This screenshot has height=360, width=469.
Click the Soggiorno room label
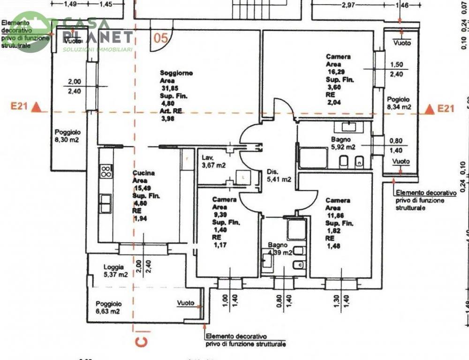[x=176, y=73]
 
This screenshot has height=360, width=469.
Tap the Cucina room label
[x=144, y=173]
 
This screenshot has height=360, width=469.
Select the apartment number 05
[x=160, y=38]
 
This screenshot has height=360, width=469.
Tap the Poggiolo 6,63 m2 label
[x=108, y=307]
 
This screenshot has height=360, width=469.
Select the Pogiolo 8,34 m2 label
[x=399, y=103]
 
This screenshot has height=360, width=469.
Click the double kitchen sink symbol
[x=106, y=203]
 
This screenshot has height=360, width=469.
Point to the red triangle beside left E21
[x=39, y=108]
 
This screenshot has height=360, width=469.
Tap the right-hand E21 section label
[x=446, y=109]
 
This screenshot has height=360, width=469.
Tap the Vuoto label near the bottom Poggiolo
[x=186, y=303]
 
